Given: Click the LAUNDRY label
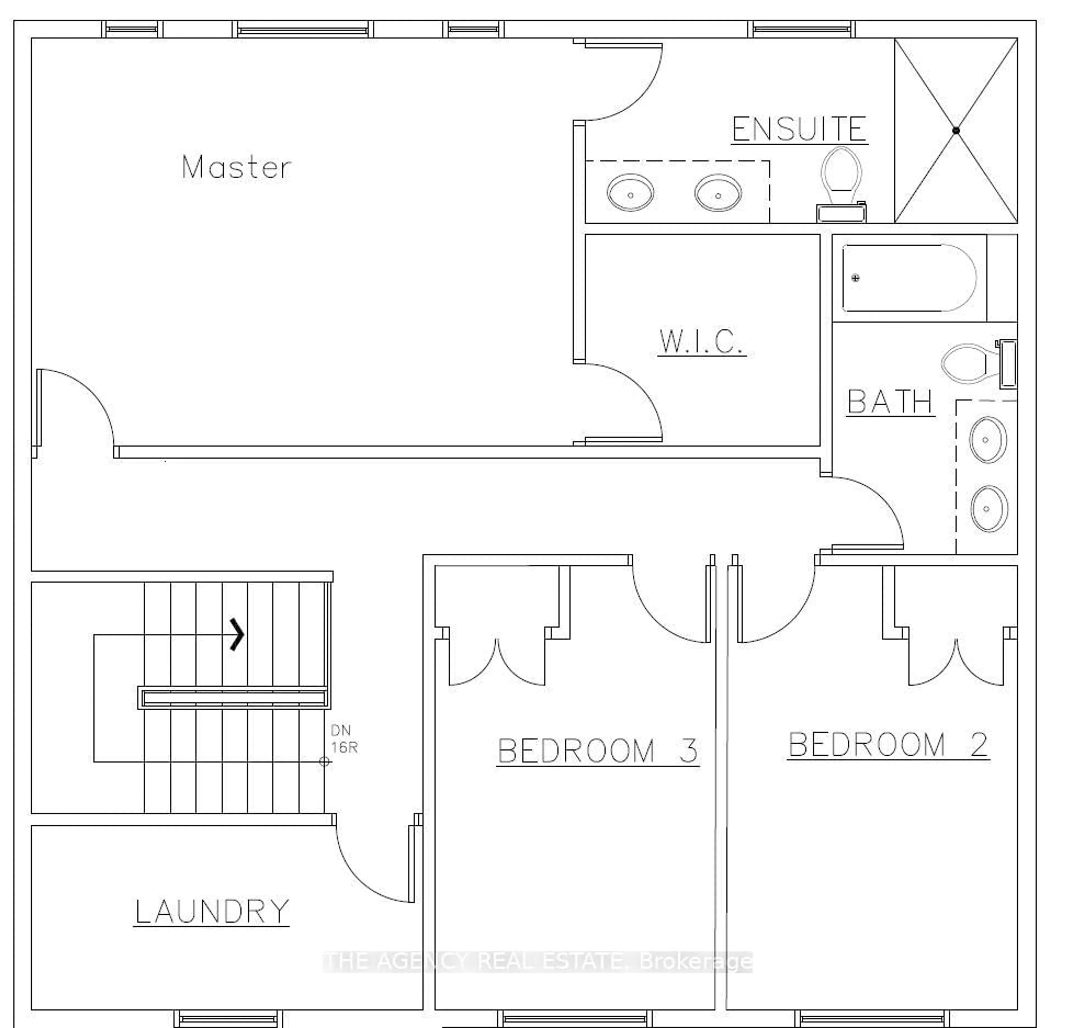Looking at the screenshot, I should (x=211, y=911).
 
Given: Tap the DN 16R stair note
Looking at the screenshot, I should (x=343, y=739).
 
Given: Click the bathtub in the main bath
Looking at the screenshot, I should (x=910, y=278).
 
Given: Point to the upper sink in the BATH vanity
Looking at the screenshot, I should (x=988, y=440).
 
